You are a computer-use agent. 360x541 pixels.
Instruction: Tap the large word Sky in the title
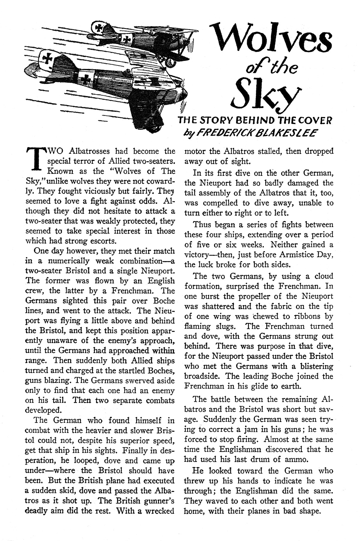[x=262, y=96]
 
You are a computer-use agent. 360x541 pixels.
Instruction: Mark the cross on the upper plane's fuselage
[x=128, y=38]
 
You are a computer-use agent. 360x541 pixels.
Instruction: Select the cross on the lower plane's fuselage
[x=87, y=79]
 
